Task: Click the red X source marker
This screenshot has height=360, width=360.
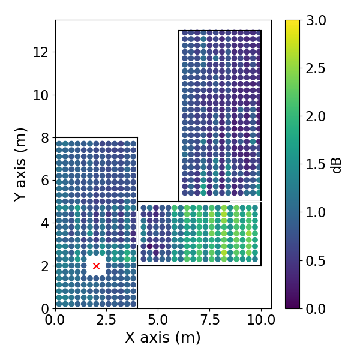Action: click(x=96, y=266)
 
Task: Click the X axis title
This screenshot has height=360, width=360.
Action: click(x=163, y=338)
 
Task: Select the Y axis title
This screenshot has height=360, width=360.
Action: click(x=20, y=164)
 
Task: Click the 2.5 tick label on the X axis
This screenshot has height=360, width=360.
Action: click(x=107, y=320)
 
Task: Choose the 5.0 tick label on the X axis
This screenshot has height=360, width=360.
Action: click(x=158, y=320)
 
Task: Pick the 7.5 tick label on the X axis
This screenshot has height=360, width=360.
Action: click(x=209, y=320)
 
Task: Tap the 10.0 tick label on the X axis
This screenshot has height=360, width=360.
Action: click(x=261, y=320)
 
